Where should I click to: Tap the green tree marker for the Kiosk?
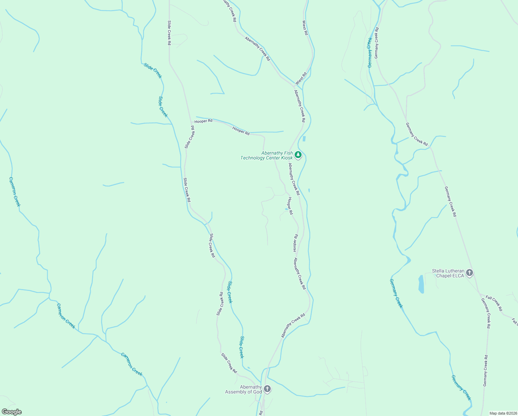pos(298,155)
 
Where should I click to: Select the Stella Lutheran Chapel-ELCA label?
pos(448,273)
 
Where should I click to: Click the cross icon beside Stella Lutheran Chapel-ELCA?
pos(470,273)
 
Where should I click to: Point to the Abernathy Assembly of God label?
pos(243,389)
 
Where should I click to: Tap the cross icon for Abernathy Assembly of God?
pos(267,389)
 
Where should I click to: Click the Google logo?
pos(11,412)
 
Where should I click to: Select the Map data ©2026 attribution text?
pos(503,413)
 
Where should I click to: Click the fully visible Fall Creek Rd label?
pos(494,303)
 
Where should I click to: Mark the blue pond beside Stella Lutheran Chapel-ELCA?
pos(421,284)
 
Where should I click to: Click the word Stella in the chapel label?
pos(438,271)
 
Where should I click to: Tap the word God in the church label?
pos(258,392)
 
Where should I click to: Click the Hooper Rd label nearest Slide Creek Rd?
pos(203,121)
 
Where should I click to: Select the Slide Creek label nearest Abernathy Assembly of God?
pos(242,347)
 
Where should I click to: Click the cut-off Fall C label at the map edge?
pos(515,322)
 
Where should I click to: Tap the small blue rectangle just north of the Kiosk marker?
pos(304,139)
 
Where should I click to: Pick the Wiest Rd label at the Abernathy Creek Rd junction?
pos(301,79)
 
